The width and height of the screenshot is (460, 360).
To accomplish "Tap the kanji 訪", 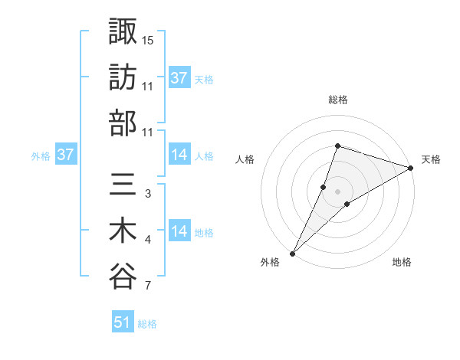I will pyautogui.click(x=123, y=77).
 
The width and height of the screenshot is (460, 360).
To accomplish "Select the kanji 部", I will pyautogui.click(x=123, y=123).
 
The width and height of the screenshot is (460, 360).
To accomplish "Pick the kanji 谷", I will pyautogui.click(x=123, y=277).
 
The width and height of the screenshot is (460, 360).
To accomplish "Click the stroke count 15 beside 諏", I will pyautogui.click(x=148, y=40).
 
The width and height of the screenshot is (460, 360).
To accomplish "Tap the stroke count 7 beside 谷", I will pyautogui.click(x=148, y=286).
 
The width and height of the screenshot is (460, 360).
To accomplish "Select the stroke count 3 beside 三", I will pyautogui.click(x=148, y=194).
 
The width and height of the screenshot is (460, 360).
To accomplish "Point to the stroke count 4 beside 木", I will pyautogui.click(x=148, y=241).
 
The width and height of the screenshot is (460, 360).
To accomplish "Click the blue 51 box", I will pyautogui.click(x=123, y=322).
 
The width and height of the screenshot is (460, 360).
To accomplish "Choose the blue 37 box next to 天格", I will pyautogui.click(x=179, y=77).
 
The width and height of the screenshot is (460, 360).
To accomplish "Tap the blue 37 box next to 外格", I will pyautogui.click(x=66, y=155).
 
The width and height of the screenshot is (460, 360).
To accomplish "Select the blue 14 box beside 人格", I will pyautogui.click(x=179, y=155).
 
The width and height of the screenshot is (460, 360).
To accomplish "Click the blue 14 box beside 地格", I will pyautogui.click(x=179, y=231).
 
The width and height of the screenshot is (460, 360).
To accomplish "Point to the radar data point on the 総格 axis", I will pyautogui.click(x=337, y=146).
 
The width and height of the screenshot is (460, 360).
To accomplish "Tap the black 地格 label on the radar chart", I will pyautogui.click(x=402, y=263).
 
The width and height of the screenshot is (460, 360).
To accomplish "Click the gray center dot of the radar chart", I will pyautogui.click(x=337, y=191).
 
